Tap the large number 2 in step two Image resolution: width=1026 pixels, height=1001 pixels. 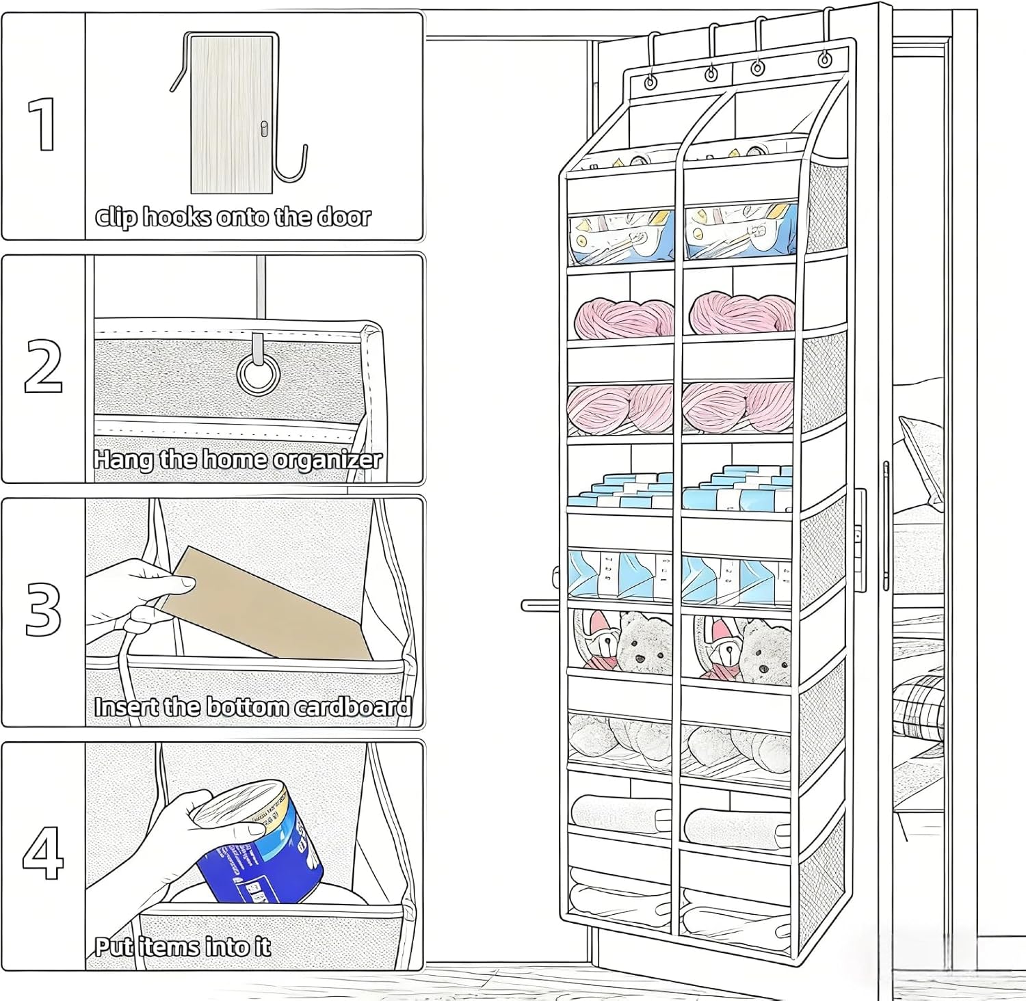pyautogui.click(x=44, y=366)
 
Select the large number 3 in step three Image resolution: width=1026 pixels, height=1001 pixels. pyautogui.click(x=43, y=609)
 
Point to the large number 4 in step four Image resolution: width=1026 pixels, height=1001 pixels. pyautogui.click(x=43, y=853)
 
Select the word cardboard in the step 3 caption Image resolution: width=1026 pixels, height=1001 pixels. pyautogui.click(x=353, y=706)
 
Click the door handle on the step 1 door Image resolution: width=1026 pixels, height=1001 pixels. pyautogui.click(x=264, y=129)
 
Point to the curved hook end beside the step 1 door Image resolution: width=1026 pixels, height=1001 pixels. pyautogui.click(x=291, y=171)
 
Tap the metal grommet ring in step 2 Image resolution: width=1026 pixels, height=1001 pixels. pyautogui.click(x=259, y=373)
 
